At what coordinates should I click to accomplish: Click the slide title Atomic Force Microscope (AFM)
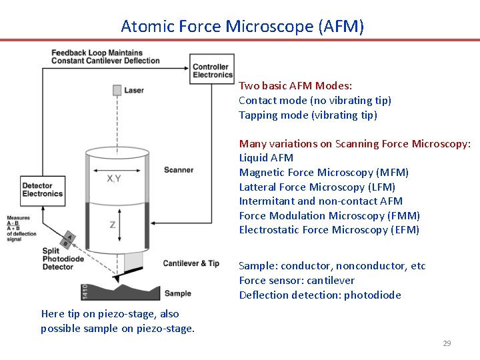[x=243, y=27]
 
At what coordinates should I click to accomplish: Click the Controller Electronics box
[x=212, y=71]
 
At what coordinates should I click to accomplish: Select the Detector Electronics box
[x=42, y=190]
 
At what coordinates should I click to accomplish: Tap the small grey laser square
[x=117, y=90]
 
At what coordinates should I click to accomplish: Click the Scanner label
[x=179, y=170]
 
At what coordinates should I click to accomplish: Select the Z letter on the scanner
[x=112, y=225]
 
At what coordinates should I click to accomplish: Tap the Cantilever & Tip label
[x=191, y=263]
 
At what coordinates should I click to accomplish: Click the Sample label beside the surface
[x=177, y=293]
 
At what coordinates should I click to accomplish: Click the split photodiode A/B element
[x=67, y=240]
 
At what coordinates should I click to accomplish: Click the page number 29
[x=447, y=343]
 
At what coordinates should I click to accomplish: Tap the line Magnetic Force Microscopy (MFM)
[x=323, y=173]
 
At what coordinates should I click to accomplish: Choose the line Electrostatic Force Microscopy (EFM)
[x=329, y=230]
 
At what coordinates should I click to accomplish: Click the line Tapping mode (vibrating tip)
[x=307, y=115]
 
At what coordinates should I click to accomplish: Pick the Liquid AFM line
[x=266, y=158]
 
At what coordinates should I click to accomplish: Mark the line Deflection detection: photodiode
[x=320, y=295]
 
